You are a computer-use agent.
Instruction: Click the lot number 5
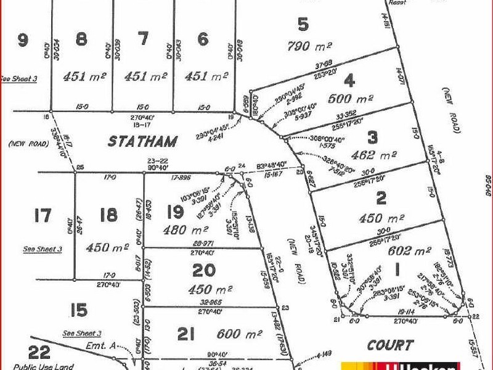click(303, 25)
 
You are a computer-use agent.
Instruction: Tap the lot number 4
click(350, 80)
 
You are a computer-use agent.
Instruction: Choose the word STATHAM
click(142, 141)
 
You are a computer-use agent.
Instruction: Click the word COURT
click(389, 345)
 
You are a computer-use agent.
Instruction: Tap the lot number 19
click(175, 213)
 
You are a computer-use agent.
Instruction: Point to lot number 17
click(43, 216)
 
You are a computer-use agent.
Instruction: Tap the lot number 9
click(23, 41)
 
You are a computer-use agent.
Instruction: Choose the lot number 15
click(79, 308)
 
